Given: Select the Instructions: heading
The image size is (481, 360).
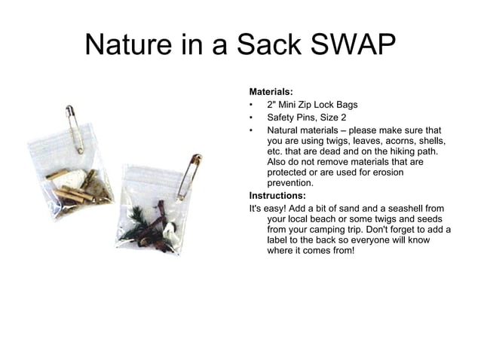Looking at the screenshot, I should click(x=277, y=196).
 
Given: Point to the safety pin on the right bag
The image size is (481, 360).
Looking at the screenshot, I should click(x=189, y=175).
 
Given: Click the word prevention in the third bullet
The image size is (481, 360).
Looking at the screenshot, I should click(x=291, y=183).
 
